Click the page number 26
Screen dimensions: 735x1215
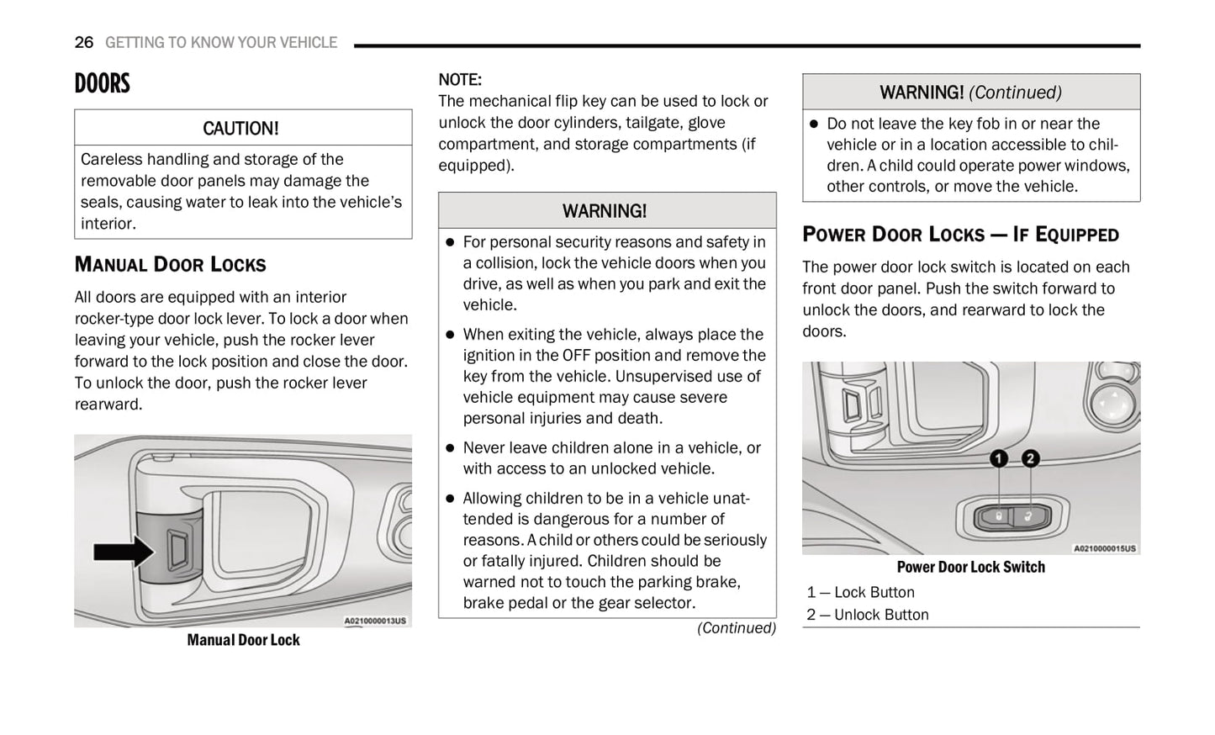pyautogui.click(x=83, y=42)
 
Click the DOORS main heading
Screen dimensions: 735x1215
pyautogui.click(x=103, y=83)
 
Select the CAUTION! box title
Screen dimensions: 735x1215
pyautogui.click(x=240, y=128)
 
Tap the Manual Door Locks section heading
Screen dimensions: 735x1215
pyautogui.click(x=170, y=264)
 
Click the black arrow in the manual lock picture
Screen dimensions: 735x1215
pyautogui.click(x=123, y=552)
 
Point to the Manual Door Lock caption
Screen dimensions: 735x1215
pyautogui.click(x=243, y=640)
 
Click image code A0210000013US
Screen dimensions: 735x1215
pyautogui.click(x=375, y=621)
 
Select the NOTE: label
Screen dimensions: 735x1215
pyautogui.click(x=460, y=80)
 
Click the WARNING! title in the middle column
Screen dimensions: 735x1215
pyautogui.click(x=605, y=211)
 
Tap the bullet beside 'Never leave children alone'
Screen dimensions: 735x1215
pyautogui.click(x=450, y=448)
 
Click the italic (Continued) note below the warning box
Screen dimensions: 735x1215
pyautogui.click(x=736, y=628)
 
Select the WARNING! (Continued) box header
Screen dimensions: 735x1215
pyautogui.click(x=970, y=92)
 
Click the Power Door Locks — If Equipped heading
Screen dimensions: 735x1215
pyautogui.click(x=960, y=234)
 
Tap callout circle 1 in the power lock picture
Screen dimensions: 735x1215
pyautogui.click(x=998, y=458)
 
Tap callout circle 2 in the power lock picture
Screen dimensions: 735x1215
pyautogui.click(x=1030, y=458)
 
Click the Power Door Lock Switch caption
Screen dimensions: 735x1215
pyautogui.click(x=970, y=567)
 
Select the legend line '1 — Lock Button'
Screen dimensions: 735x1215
pyautogui.click(x=860, y=592)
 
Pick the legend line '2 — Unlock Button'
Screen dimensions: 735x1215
pyautogui.click(x=867, y=615)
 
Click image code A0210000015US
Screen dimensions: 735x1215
pyautogui.click(x=1104, y=548)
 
